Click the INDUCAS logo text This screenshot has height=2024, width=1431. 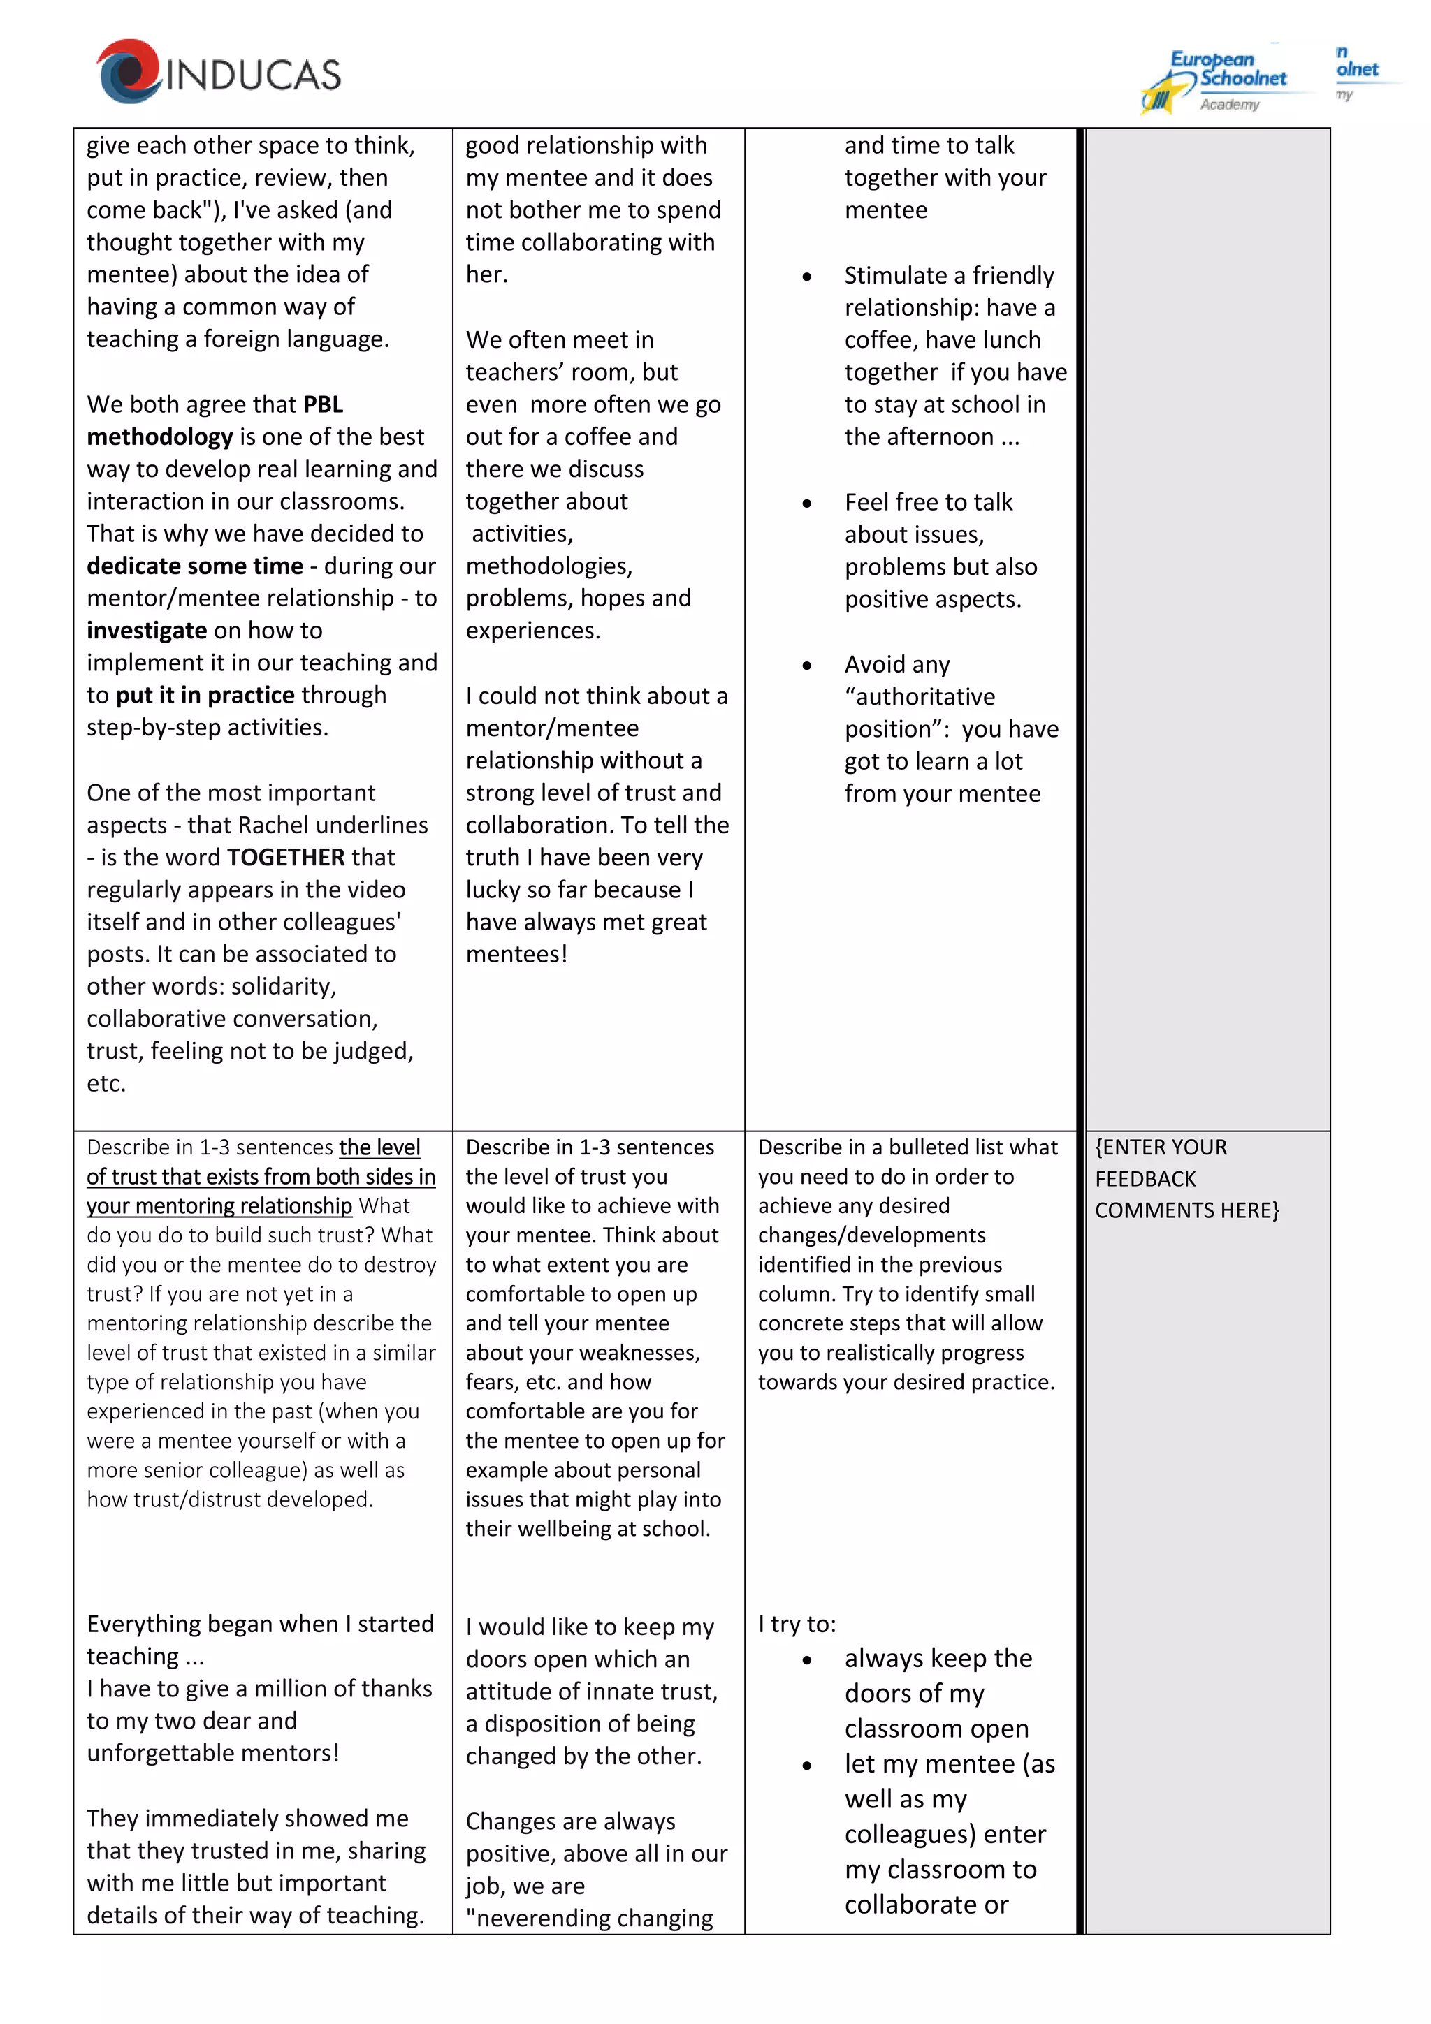[253, 75]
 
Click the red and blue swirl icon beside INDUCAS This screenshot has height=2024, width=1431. [129, 71]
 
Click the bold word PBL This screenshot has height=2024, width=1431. [323, 404]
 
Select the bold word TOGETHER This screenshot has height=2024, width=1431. [286, 857]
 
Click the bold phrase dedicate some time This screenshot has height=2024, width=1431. [195, 566]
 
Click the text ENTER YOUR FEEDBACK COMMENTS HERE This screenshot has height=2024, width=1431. [1185, 1179]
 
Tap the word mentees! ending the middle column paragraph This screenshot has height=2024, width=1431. [516, 954]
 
